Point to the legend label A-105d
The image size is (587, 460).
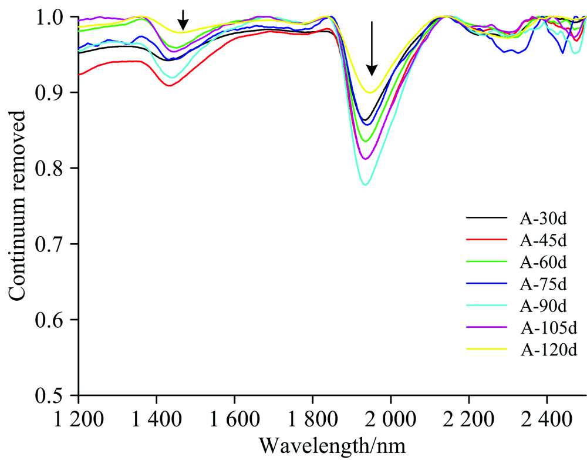pos(546,328)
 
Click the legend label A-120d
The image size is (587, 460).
pos(546,350)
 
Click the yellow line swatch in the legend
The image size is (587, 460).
pos(486,350)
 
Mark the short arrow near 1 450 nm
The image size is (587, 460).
pos(183,19)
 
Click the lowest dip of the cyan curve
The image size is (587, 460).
pos(366,184)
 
